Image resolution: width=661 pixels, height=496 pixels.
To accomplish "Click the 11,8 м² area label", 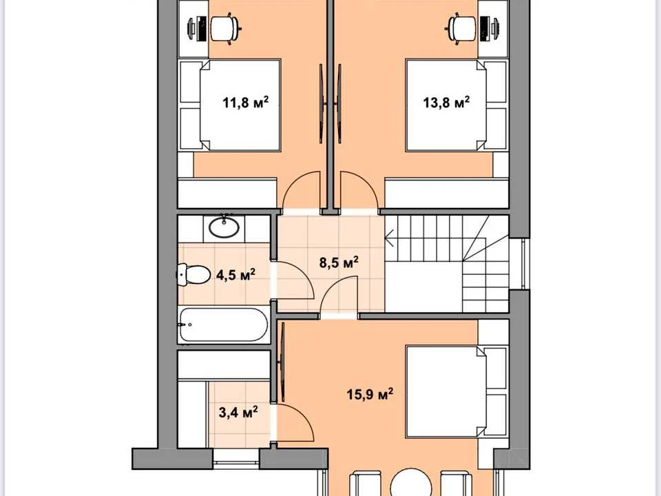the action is tap(246, 102).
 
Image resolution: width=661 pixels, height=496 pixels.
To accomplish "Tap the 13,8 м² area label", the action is tap(446, 102).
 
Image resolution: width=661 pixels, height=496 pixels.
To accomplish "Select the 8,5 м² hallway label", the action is tap(339, 262).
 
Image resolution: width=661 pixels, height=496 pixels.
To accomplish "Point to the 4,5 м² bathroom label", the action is tap(235, 275).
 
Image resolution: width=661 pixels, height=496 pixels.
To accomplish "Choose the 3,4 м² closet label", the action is tap(239, 412).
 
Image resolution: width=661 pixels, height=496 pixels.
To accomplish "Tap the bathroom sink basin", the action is tap(224, 228).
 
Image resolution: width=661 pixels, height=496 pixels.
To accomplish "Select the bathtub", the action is tap(224, 324).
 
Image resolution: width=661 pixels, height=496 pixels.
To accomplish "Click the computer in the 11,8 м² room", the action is tap(197, 28).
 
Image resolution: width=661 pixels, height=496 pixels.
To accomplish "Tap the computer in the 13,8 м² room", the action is tap(490, 28).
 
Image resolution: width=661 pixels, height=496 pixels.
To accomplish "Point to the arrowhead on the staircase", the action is tap(389, 238).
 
